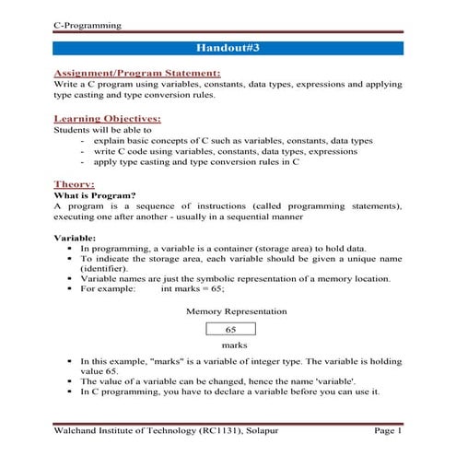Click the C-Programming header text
88,24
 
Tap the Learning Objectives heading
108,119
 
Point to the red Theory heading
75,183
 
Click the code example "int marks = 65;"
195,289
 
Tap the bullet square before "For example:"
69,290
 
